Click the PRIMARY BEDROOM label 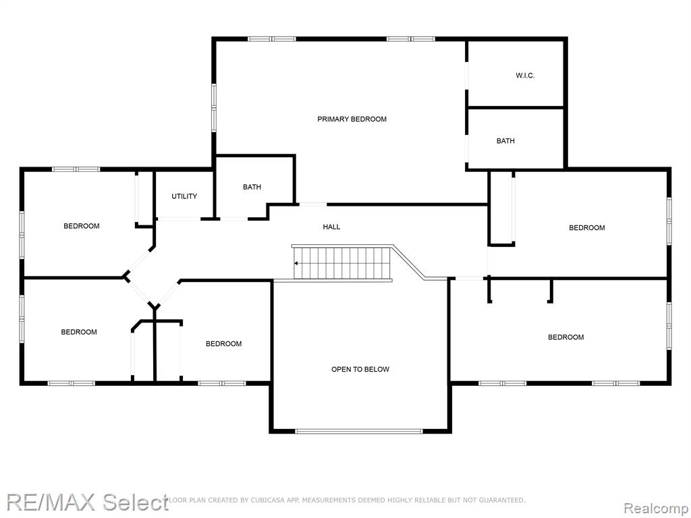coord(352,119)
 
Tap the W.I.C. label coord(525,76)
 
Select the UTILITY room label coord(184,196)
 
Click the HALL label coord(331,227)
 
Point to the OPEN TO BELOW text coord(360,369)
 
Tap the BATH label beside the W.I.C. coord(505,141)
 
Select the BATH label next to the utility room coord(252,187)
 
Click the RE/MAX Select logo coord(87,502)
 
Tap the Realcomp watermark coord(656,508)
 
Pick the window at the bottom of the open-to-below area coord(359,431)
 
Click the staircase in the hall coord(342,263)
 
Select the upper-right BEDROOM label coord(586,228)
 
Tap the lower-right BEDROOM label coord(566,337)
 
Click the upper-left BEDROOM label coord(82,226)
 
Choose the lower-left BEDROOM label coord(79,332)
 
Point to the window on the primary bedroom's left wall coord(214,108)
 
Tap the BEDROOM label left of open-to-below coord(223,343)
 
